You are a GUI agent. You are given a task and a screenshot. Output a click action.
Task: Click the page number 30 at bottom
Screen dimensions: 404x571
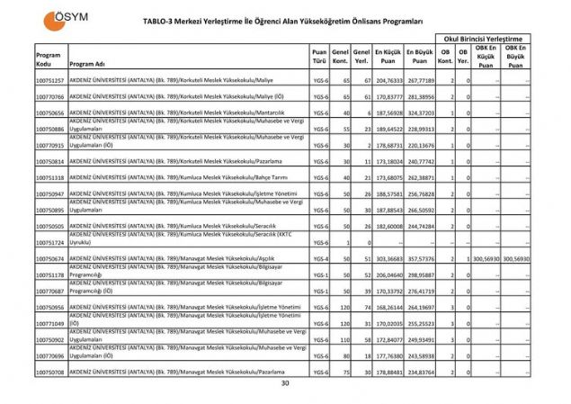(x=285, y=384)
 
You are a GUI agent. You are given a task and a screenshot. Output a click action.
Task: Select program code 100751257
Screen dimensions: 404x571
(x=49, y=81)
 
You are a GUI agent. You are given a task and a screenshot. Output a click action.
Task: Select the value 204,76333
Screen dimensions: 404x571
(x=388, y=81)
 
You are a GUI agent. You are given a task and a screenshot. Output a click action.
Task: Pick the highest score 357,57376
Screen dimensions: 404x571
(x=419, y=258)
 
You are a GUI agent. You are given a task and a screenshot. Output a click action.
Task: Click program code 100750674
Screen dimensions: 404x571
(x=49, y=258)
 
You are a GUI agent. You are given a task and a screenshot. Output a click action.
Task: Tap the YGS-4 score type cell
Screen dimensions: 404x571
(x=318, y=258)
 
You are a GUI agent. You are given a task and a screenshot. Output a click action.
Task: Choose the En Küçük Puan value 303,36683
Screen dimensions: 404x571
(x=388, y=258)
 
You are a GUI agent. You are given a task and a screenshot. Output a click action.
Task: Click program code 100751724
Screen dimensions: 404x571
(x=49, y=243)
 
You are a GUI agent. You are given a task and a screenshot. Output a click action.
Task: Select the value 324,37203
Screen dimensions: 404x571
(x=419, y=113)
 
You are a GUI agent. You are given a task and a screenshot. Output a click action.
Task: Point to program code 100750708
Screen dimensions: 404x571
(x=49, y=371)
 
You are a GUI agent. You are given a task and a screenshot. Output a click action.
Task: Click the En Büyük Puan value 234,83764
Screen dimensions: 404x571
(x=419, y=371)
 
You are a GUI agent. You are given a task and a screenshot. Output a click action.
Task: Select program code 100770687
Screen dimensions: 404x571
(x=49, y=291)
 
